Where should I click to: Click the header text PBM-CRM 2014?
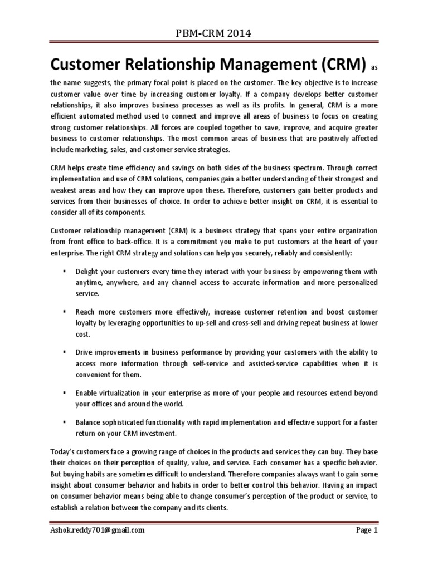[x=214, y=34]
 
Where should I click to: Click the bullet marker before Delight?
[x=65, y=271]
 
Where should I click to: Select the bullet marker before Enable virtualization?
[x=65, y=393]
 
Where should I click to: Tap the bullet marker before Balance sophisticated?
[x=65, y=423]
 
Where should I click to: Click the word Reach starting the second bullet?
[x=86, y=312]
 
